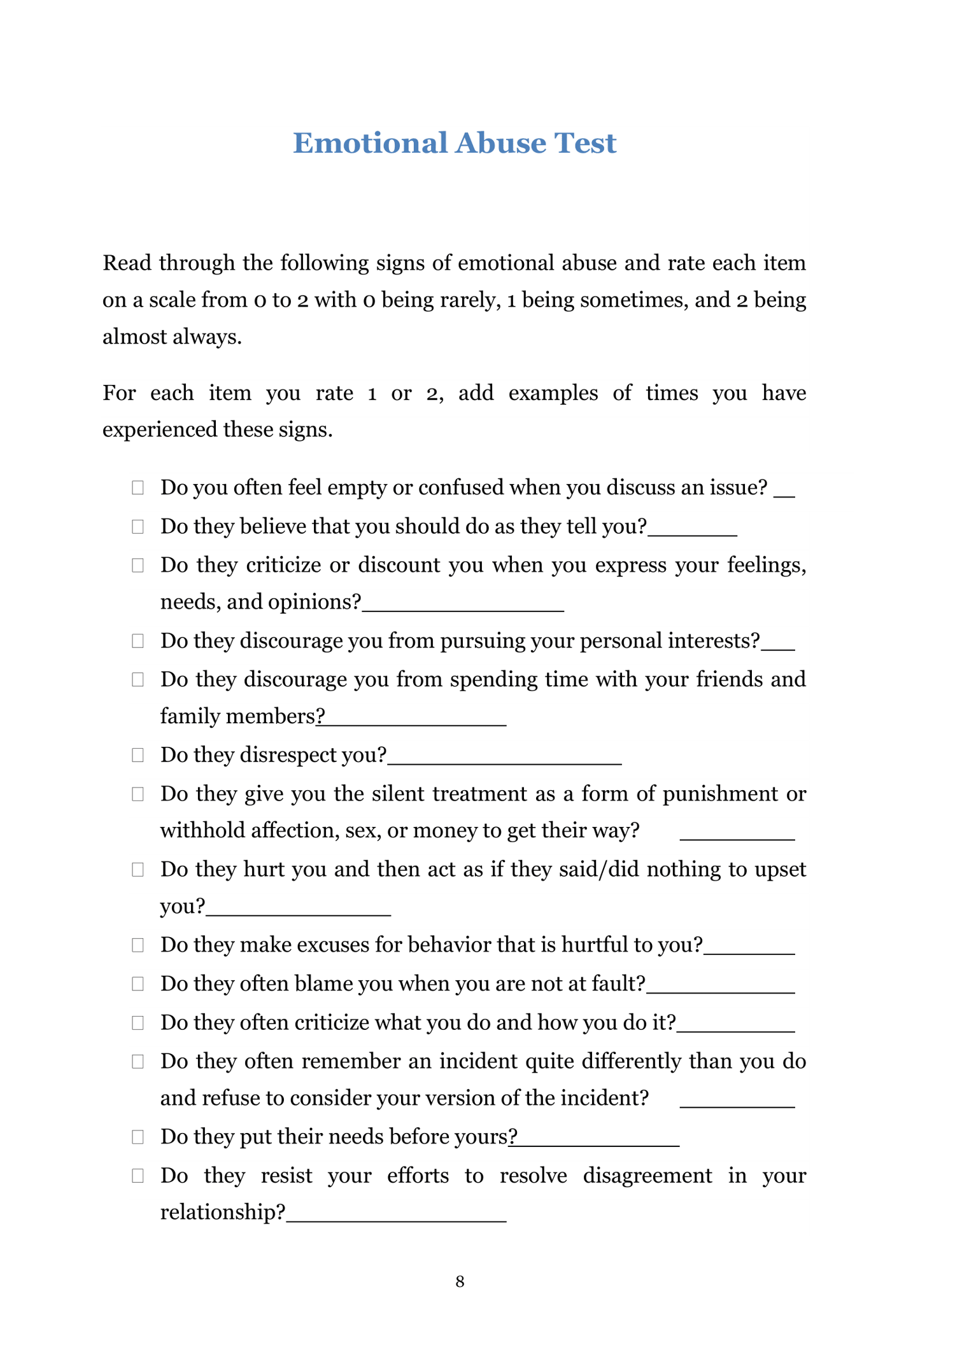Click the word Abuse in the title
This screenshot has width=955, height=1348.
(500, 143)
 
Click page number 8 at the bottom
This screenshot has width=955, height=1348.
(460, 1281)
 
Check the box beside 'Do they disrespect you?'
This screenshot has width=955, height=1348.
(138, 755)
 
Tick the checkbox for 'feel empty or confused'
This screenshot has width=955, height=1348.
(138, 488)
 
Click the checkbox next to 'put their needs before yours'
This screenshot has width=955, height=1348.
(138, 1137)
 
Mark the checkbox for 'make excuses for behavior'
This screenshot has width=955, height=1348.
(138, 945)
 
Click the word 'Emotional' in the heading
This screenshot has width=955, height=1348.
(370, 143)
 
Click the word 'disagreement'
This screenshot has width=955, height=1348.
(647, 1176)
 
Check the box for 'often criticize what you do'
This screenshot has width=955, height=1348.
(138, 1023)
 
